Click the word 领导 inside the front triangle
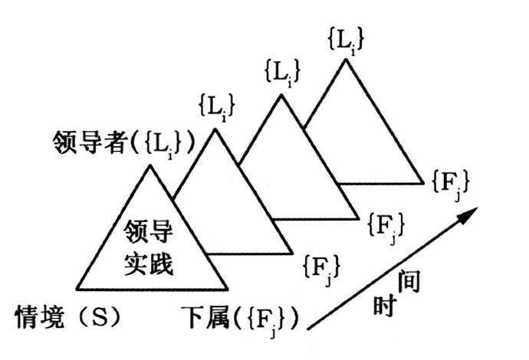click(151, 229)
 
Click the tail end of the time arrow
click(309, 328)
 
